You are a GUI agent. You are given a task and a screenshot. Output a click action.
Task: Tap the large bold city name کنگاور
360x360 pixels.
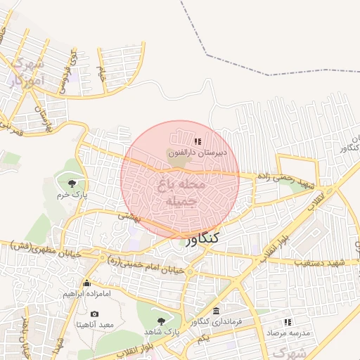tap(203, 239)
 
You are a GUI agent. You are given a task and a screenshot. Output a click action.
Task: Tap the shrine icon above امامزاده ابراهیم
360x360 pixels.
tap(86, 283)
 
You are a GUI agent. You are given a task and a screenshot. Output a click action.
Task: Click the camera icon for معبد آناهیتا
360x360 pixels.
tap(95, 314)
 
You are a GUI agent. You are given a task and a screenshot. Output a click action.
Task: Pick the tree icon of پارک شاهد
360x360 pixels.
tap(162, 320)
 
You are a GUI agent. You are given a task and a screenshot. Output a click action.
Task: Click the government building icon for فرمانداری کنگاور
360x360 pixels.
tap(215, 311)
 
